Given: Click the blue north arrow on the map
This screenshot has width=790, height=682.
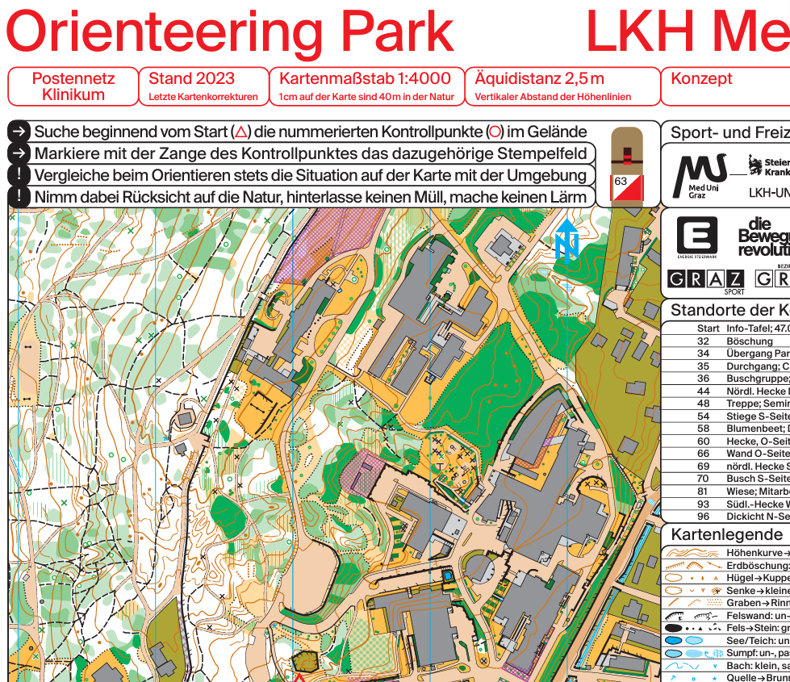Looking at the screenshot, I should point(566,241).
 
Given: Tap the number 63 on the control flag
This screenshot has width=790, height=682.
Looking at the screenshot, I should point(620,182).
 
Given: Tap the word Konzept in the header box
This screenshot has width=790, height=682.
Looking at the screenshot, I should point(701,78).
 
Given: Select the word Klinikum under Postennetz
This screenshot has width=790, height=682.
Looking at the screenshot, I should point(73,94).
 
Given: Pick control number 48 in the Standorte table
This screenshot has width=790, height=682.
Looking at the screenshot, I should point(703,404).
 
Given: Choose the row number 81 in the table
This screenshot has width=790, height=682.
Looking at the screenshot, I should point(703,492).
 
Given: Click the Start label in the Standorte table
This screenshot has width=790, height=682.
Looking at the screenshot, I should point(708,328).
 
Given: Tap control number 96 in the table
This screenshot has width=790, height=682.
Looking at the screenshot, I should point(703,517).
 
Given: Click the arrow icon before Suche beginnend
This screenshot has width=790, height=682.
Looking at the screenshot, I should point(19,132).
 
